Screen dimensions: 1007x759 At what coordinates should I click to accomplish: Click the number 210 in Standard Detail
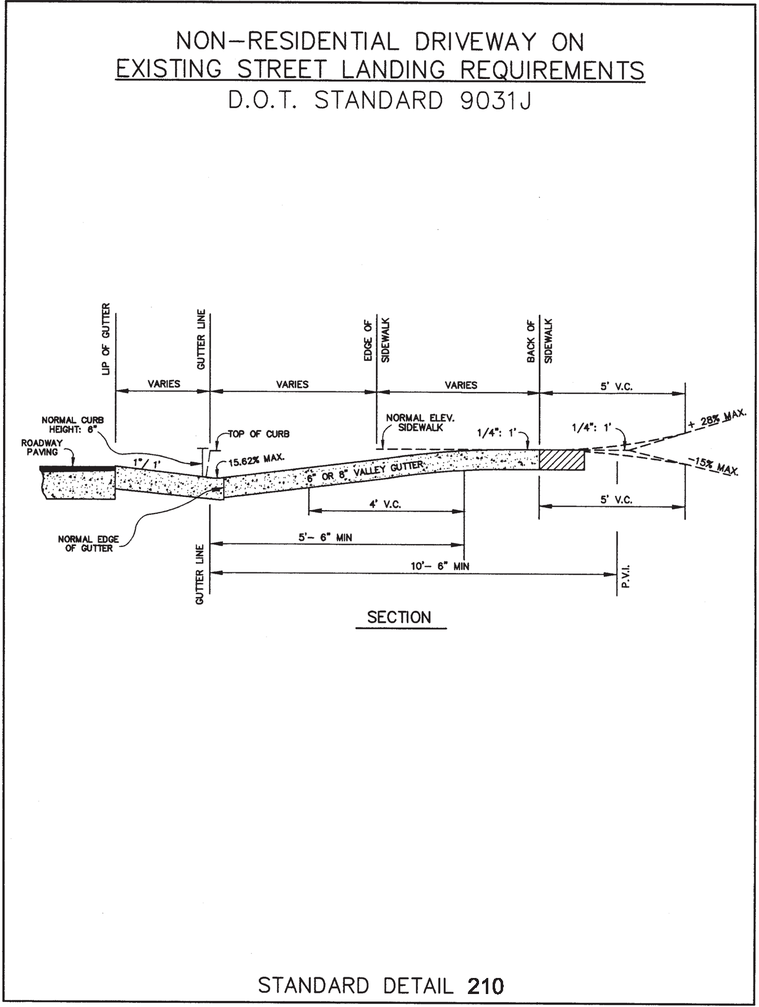[x=486, y=985]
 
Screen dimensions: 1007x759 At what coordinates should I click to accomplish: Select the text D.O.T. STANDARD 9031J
[x=380, y=100]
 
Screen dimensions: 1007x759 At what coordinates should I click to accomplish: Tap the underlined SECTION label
[x=399, y=618]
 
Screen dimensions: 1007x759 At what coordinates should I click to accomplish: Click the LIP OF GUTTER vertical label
[x=106, y=339]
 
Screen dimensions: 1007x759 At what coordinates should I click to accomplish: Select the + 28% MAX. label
[x=717, y=419]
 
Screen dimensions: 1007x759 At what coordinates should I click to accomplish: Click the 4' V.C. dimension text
[x=385, y=504]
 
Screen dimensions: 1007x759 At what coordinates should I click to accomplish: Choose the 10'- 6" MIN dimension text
[x=440, y=566]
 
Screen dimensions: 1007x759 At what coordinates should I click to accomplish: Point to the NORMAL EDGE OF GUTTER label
[x=89, y=544]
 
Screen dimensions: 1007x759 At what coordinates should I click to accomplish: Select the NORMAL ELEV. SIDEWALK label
[x=420, y=423]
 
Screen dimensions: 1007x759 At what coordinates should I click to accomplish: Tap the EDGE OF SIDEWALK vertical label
[x=376, y=341]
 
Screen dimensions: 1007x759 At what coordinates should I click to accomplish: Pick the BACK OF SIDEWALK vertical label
[x=540, y=341]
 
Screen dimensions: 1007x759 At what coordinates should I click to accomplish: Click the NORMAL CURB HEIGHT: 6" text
[x=73, y=425]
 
